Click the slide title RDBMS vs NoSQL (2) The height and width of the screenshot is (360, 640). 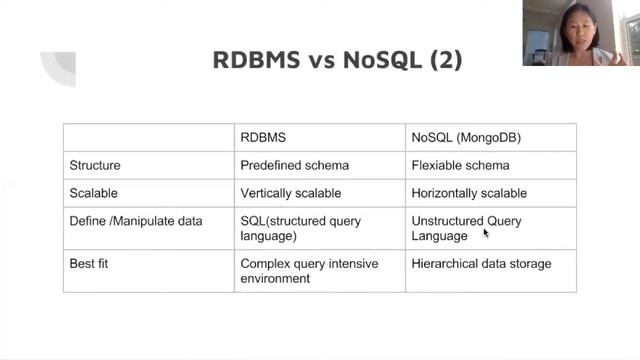pos(337,59)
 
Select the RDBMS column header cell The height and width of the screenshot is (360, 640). pos(263,137)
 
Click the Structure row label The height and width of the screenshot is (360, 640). pos(95,165)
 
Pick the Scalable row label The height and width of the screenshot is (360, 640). pos(93,193)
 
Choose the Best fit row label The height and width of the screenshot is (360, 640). pos(91,264)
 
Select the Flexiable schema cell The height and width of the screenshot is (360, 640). pos(460,165)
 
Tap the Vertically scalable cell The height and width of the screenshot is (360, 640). pos(291,193)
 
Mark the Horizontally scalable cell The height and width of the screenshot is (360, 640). pos(469,193)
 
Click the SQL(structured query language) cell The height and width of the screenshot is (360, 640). pos(300,228)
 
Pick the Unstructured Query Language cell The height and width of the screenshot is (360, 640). pos(466,228)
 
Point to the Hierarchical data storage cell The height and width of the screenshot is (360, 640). pos(481,264)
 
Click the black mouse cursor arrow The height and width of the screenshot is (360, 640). pos(486,233)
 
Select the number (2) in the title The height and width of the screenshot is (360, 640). pos(446,59)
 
